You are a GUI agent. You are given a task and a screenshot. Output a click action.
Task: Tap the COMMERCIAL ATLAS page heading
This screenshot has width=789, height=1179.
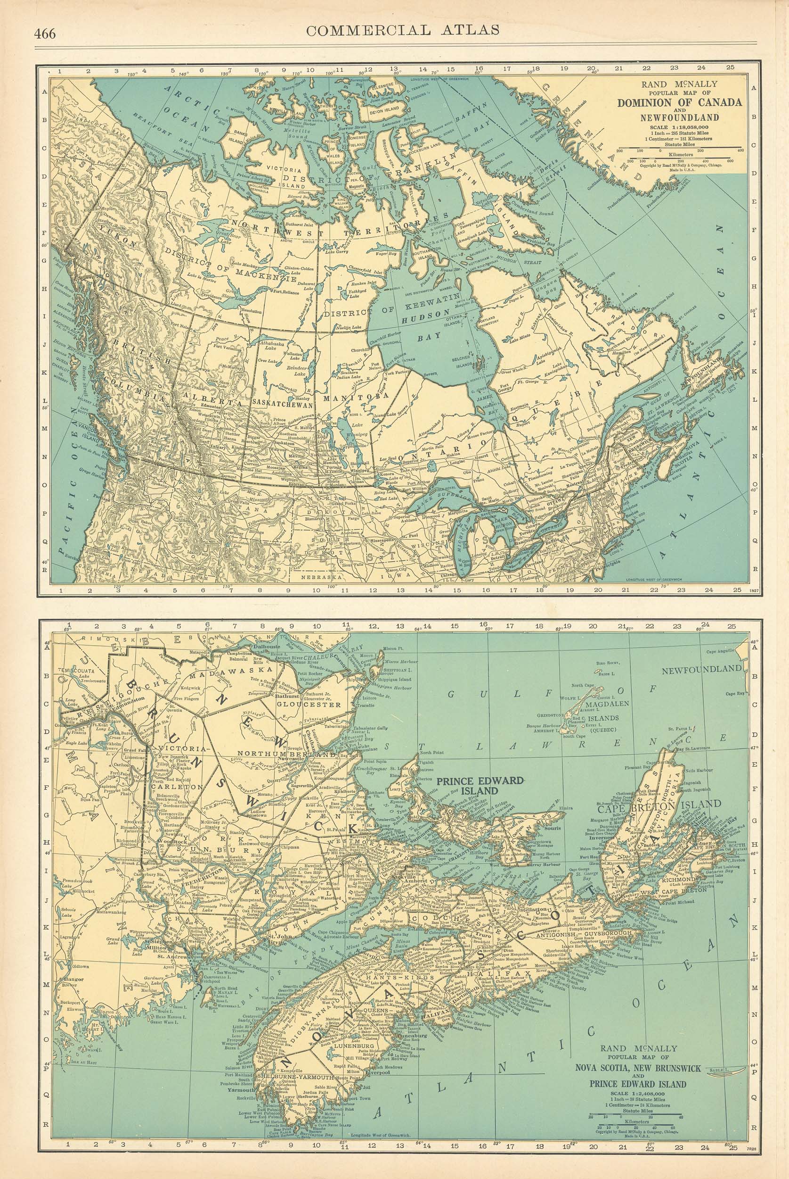pyautogui.click(x=403, y=30)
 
